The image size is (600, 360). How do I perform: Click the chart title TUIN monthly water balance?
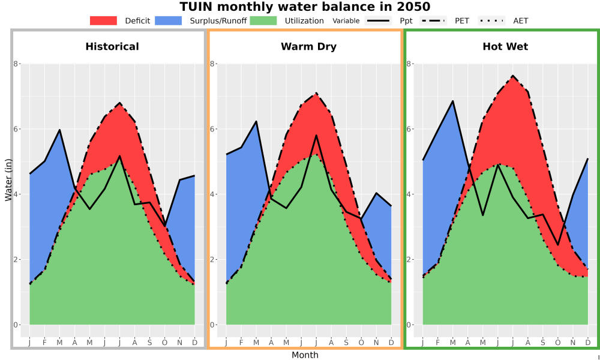click(305, 7)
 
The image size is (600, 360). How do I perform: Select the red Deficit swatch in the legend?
click(103, 20)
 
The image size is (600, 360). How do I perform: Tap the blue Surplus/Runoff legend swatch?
click(169, 20)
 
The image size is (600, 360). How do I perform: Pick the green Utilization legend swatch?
click(263, 20)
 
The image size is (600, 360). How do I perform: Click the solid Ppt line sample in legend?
click(378, 20)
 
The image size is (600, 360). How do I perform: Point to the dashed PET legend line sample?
click(433, 20)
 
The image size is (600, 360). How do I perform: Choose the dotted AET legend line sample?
click(492, 20)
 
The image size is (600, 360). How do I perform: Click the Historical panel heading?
click(112, 47)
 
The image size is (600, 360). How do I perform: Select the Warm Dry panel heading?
click(308, 47)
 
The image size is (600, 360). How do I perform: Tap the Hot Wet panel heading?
click(505, 47)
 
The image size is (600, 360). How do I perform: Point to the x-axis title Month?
click(305, 355)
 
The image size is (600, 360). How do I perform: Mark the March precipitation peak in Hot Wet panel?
click(452, 101)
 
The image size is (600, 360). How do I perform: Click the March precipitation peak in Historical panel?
click(59, 130)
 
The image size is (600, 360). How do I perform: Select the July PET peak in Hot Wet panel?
click(513, 76)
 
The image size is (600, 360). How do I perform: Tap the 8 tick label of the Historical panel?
click(16, 64)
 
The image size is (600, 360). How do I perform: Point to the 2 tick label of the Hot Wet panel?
click(409, 259)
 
